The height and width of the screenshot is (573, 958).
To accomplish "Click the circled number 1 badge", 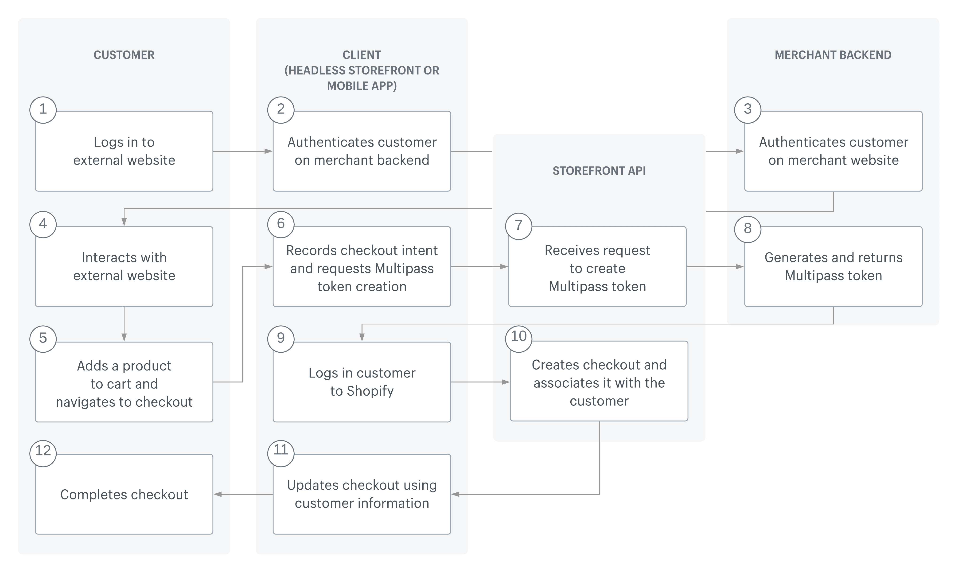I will pos(43,110).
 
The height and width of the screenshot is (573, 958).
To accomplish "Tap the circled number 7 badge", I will pos(518,226).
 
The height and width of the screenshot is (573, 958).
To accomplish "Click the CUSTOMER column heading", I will pos(124,55).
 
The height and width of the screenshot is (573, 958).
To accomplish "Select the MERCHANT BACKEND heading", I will pos(833,55).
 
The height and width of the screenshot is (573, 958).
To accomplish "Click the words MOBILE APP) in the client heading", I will pos(362,86).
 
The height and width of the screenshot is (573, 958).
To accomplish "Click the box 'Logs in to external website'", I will pos(124,151).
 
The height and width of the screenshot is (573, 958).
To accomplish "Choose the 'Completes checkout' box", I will pos(124,494).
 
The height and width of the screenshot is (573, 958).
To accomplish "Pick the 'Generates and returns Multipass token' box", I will pos(833,266).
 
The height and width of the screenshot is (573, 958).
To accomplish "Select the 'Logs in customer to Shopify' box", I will pos(362,382).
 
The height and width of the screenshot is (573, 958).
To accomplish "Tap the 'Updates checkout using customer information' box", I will pos(362,494).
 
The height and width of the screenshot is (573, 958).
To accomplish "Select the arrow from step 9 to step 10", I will pos(480,382).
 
